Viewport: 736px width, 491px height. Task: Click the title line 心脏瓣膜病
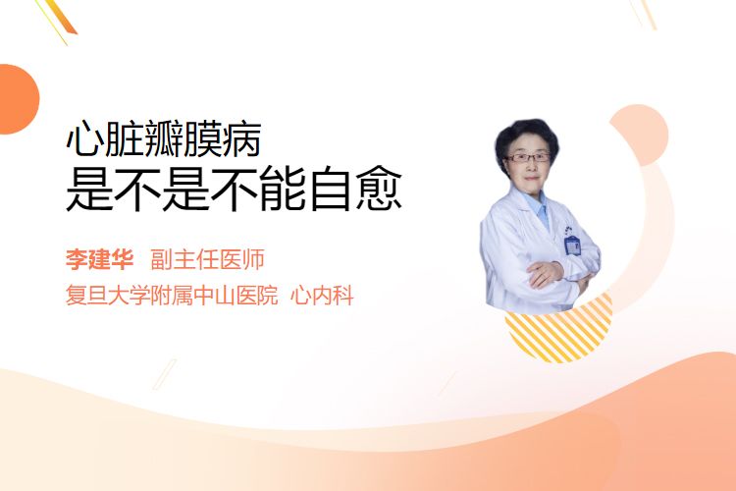164,138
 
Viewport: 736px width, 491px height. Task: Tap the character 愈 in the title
379,188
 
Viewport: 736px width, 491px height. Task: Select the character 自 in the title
331,188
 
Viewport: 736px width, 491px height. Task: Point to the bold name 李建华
99,259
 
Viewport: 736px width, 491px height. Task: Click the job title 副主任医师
207,259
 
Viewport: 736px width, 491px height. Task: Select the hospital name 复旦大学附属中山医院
172,296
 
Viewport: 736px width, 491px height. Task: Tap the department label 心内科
322,296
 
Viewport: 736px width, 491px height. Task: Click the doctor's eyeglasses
527,157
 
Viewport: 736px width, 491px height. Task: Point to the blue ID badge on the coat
572,245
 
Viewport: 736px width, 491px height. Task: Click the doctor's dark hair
526,134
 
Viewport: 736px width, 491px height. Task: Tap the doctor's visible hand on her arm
545,274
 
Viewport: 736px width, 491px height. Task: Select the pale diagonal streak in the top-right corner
644,14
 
